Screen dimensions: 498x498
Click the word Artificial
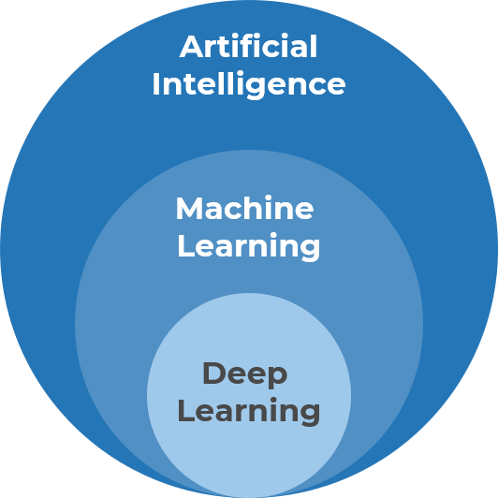(249, 46)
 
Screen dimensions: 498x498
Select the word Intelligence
(249, 84)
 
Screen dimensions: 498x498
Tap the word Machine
(245, 208)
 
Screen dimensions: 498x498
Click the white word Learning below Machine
(249, 246)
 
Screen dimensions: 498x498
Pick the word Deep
(245, 374)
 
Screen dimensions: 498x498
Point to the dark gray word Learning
(249, 412)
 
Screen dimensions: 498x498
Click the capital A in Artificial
(191, 46)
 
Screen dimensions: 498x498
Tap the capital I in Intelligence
(155, 84)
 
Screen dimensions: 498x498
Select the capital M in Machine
(191, 208)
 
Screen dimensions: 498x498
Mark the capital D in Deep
(214, 373)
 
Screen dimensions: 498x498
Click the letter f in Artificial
(255, 46)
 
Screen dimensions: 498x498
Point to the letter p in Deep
(278, 378)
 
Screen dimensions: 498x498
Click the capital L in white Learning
(184, 246)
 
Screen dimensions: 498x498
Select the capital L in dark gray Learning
(184, 412)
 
